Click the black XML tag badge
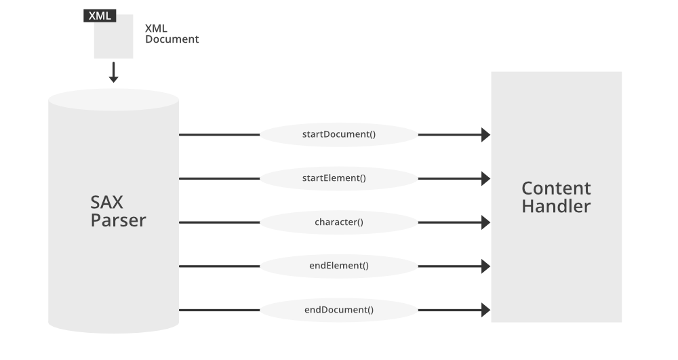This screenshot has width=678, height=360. tap(100, 16)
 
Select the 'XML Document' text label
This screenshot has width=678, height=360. tap(172, 34)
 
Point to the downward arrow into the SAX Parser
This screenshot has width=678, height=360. tap(114, 73)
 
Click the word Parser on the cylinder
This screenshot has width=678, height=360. tap(118, 220)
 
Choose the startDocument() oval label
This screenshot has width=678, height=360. tap(338, 134)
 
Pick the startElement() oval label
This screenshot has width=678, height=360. tap(338, 178)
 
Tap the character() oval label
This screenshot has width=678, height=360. tap(338, 222)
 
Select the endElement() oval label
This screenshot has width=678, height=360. tap(338, 266)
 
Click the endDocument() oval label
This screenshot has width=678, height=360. tap(338, 310)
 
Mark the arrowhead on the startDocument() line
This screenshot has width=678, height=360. tap(485, 135)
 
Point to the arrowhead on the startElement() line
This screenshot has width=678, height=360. tap(485, 178)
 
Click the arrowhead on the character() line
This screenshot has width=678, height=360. tap(485, 222)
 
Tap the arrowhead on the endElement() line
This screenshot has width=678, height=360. tap(485, 266)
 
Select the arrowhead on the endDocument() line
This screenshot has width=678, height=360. tap(485, 310)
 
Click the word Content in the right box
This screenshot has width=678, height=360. tap(556, 188)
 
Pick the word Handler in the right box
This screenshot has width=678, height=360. tap(556, 206)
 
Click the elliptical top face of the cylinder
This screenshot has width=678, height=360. tap(113, 100)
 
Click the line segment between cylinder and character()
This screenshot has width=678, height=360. tap(219, 222)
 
